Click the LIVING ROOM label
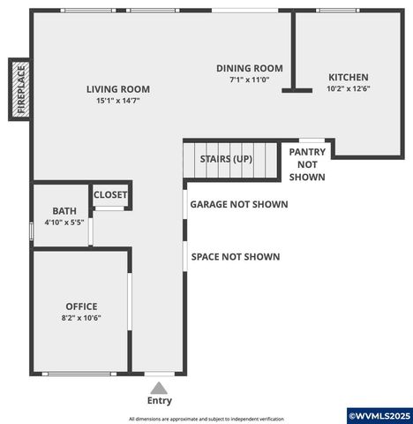117,89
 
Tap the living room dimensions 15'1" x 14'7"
117,101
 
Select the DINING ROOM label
250,68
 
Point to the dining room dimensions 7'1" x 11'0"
250,79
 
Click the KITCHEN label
349,77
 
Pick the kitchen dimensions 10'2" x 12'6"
349,88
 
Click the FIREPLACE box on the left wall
19,89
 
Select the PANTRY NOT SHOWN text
307,164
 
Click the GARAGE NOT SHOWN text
239,204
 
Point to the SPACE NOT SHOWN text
236,257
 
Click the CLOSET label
110,195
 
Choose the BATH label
64,211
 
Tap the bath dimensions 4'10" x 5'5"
64,223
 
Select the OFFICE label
81,307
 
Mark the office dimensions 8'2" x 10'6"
81,318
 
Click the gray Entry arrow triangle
160,387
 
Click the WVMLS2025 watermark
379,415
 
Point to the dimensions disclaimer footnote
206,418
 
